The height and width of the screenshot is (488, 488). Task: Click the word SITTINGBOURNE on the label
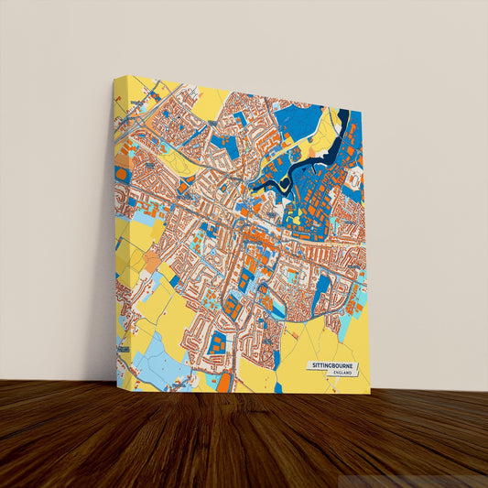[x=331, y=365]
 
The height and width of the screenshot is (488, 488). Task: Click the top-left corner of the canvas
[x=114, y=78]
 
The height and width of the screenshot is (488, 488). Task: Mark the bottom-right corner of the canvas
[x=370, y=394]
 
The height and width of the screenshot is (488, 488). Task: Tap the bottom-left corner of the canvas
[x=117, y=386]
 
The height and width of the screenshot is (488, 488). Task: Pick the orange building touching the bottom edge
[x=224, y=381]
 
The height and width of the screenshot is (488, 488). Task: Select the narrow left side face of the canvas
[x=115, y=229]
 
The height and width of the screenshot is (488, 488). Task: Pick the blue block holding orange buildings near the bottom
[x=217, y=345]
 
